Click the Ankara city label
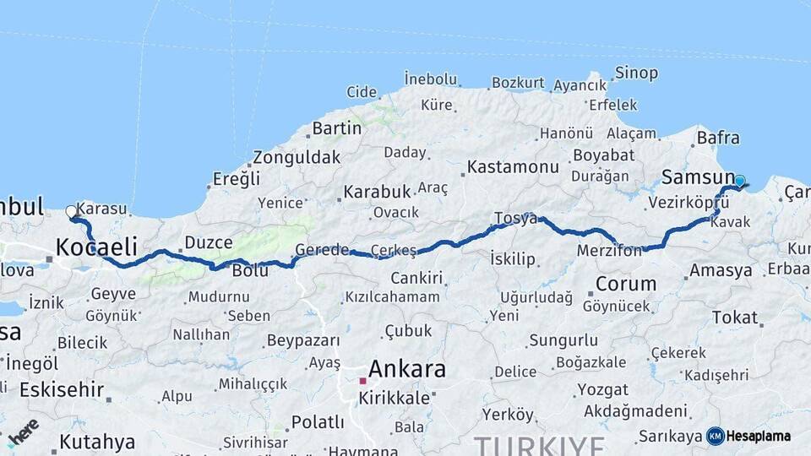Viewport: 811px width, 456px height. coord(407,369)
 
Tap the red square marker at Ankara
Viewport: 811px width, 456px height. coord(362,381)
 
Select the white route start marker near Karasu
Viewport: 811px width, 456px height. coord(72,212)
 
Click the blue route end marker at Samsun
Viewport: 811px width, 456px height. coord(740,181)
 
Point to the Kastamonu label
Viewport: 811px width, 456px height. coord(513,166)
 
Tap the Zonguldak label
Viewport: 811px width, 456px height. coord(297,157)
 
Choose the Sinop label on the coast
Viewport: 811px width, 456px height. coord(637,73)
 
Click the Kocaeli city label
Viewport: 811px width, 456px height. coord(96,247)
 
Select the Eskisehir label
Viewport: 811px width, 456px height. coord(62,390)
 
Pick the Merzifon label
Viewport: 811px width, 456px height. coord(608,251)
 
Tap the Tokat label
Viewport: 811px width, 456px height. coord(735,318)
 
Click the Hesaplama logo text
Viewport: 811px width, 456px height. coord(758,436)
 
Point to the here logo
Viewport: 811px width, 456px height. coord(23,430)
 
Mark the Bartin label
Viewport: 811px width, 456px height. coord(337,129)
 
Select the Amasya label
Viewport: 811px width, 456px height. coord(721,271)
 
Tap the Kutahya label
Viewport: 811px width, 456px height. coord(97,442)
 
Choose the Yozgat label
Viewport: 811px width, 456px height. coord(602,390)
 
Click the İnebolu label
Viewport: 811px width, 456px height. coord(430,79)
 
